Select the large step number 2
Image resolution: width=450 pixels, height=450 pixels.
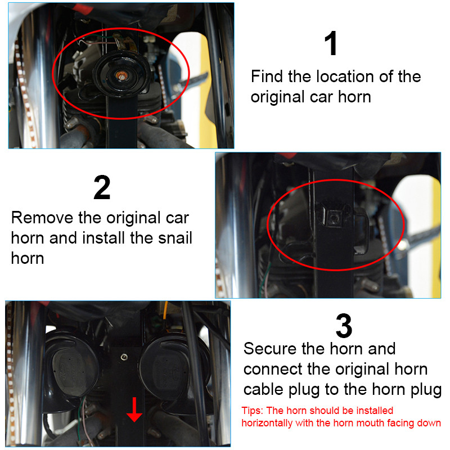tap(102, 188)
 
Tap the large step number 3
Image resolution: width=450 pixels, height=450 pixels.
tap(343, 326)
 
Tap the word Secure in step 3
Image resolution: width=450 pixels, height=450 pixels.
tap(270, 349)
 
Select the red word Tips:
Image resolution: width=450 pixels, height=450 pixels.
tap(252, 411)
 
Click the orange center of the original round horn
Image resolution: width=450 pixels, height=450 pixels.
tap(119, 75)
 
